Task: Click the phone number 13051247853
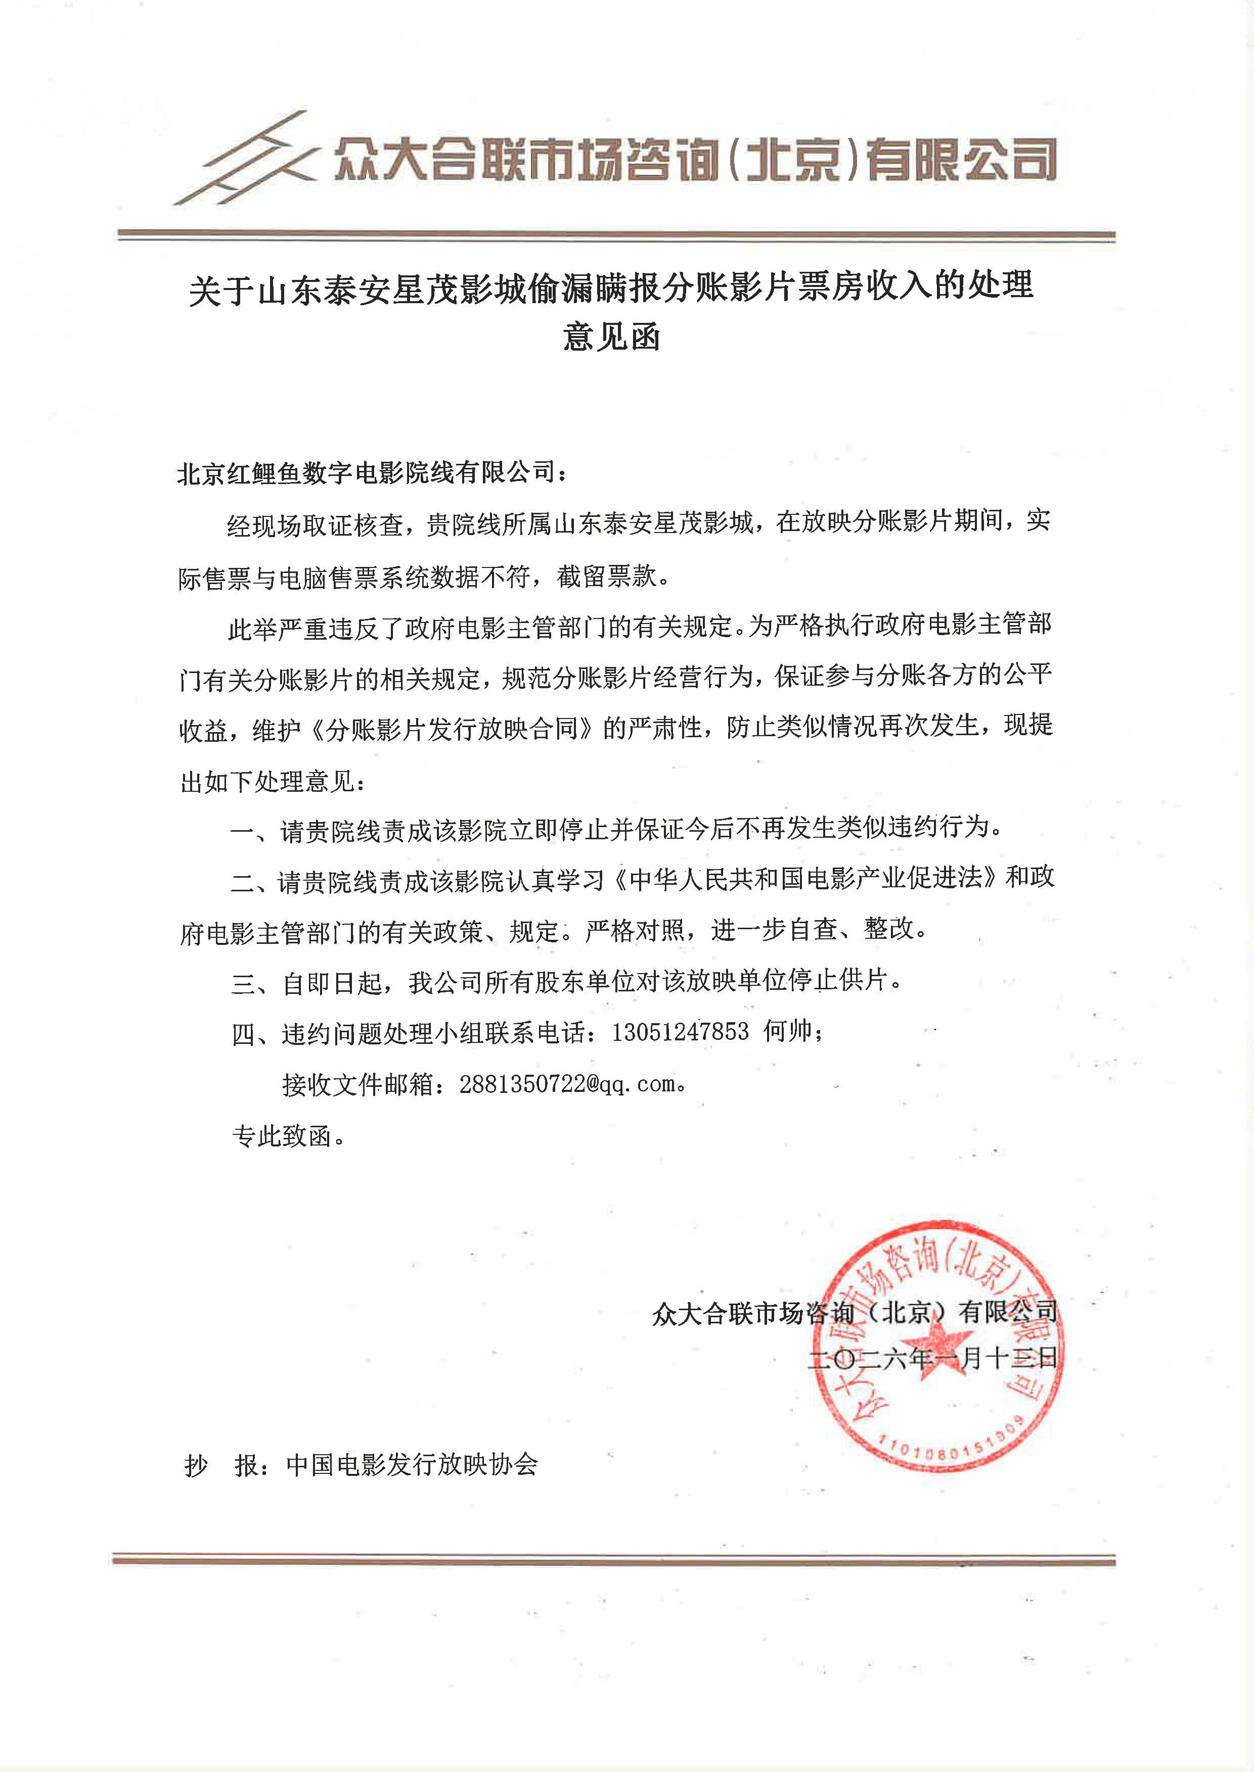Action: (x=680, y=1032)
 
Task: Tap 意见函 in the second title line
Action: (x=611, y=337)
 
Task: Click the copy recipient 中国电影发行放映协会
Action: (x=412, y=1465)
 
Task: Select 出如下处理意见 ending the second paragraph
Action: (x=267, y=782)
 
